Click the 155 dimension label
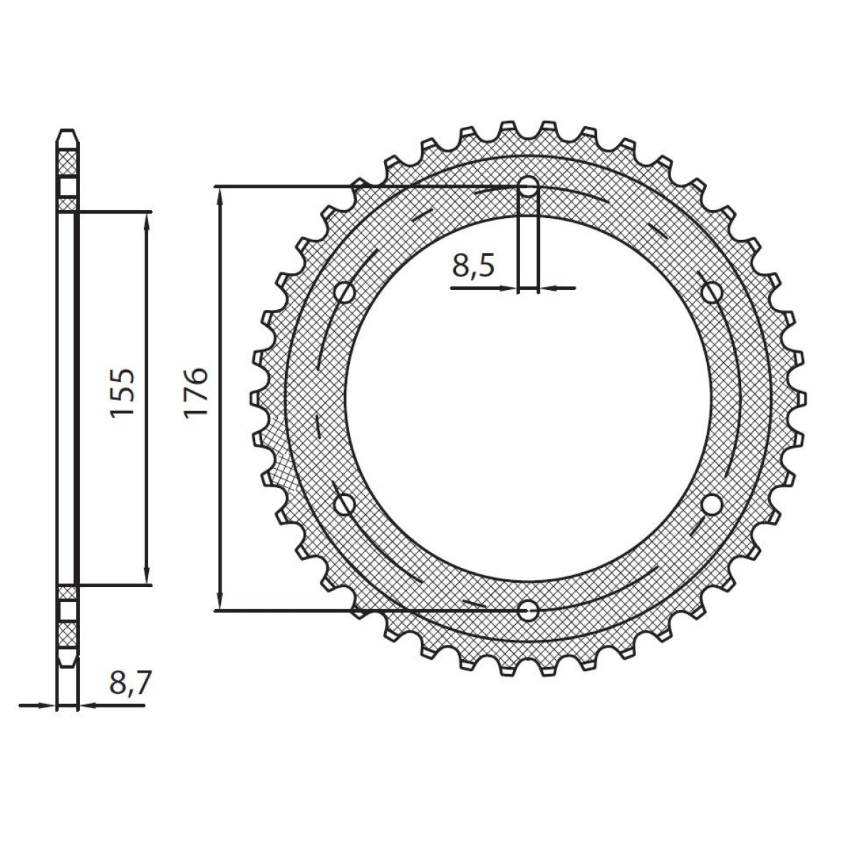pos(121,393)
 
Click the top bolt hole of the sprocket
pos(529,187)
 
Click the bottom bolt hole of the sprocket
pos(529,610)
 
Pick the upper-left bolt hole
pos(346,291)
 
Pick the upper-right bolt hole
pos(711,291)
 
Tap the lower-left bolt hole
pos(346,504)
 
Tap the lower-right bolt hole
pos(711,504)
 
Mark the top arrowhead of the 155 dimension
pos(147,220)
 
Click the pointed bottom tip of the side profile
pos(66,665)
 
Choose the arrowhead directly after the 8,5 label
pos(509,289)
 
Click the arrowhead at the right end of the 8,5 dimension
pos(549,289)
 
